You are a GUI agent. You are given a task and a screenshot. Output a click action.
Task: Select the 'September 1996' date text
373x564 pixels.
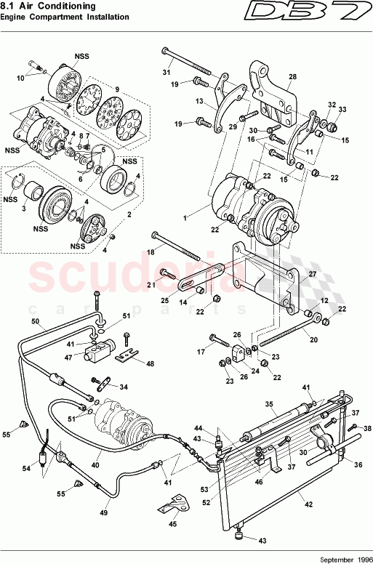tap(339, 559)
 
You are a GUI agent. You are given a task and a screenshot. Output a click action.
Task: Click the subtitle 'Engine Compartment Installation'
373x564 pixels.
tap(65, 17)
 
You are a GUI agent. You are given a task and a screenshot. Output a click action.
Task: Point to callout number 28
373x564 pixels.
tap(292, 76)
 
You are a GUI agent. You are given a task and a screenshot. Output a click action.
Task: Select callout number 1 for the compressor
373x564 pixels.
tap(186, 217)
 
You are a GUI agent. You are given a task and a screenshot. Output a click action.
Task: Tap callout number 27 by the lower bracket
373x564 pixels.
tap(313, 275)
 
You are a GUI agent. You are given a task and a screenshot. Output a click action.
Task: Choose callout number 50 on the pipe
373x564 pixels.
tap(35, 321)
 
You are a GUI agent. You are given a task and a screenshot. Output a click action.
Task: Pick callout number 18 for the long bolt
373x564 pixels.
tap(151, 251)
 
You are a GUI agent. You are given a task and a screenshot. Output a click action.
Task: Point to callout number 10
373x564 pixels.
tap(20, 77)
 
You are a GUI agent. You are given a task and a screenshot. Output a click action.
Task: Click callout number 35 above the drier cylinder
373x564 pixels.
tap(268, 404)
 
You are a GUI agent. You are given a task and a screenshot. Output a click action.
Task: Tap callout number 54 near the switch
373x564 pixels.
tap(26, 469)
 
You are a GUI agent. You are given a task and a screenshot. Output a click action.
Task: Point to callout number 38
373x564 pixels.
tap(367, 428)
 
